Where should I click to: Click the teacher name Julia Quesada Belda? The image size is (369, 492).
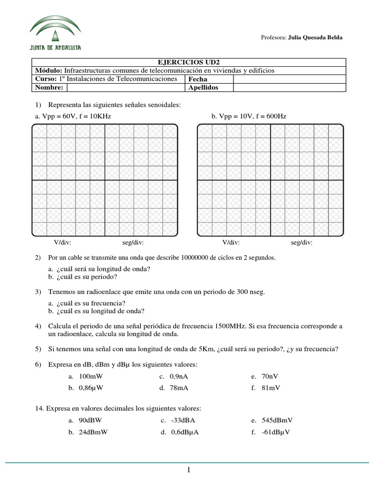(x=315, y=37)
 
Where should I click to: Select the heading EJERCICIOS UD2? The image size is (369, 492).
(x=188, y=62)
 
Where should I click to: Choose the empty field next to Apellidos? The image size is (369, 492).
(x=289, y=87)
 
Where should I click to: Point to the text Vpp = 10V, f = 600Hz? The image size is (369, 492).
(x=249, y=116)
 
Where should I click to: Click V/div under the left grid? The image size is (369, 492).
(x=62, y=243)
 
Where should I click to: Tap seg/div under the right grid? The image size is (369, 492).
(x=302, y=243)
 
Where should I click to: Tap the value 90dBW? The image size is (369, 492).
(x=90, y=420)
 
